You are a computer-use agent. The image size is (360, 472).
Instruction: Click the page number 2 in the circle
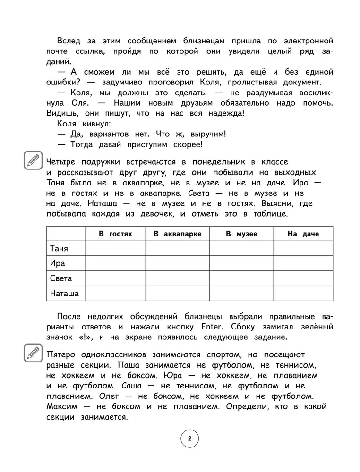click(x=189, y=439)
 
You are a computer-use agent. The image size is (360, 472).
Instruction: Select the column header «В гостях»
click(x=115, y=234)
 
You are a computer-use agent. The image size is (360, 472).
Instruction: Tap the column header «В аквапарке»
click(x=177, y=234)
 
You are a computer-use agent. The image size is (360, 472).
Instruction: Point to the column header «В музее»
click(x=241, y=234)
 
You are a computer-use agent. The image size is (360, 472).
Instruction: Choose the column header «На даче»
click(x=303, y=234)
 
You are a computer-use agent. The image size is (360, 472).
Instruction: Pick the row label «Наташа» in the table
click(x=64, y=294)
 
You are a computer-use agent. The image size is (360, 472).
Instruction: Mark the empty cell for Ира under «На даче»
click(x=303, y=263)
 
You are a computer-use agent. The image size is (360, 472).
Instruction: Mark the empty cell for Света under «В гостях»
click(x=115, y=278)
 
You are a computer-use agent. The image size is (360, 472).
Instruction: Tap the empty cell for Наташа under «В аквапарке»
click(x=177, y=294)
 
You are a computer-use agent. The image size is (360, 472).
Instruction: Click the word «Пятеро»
click(x=62, y=354)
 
